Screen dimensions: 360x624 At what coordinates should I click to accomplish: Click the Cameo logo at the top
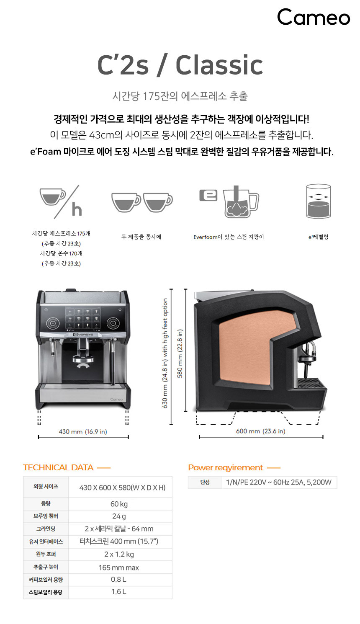point(314,17)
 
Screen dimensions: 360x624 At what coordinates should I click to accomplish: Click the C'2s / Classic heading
point(180,65)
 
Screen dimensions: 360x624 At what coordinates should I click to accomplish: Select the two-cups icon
point(142,202)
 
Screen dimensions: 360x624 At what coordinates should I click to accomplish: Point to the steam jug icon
point(229,202)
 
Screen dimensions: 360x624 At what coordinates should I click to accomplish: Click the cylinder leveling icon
point(318,201)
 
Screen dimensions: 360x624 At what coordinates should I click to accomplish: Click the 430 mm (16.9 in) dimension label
point(83,431)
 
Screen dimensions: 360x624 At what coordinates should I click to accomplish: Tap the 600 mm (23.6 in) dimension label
point(261,431)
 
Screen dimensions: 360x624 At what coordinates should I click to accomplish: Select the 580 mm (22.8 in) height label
point(180,353)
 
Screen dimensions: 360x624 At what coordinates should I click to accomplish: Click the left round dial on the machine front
point(53,323)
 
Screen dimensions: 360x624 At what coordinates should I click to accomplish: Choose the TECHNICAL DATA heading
point(58,467)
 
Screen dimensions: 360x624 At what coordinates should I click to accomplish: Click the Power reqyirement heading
point(226,467)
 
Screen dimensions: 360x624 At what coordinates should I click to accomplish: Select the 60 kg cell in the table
point(120,504)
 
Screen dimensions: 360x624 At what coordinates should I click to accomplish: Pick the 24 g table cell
point(120,516)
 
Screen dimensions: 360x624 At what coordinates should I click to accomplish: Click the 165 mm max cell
point(120,567)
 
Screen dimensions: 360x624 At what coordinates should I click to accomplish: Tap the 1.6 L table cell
point(120,591)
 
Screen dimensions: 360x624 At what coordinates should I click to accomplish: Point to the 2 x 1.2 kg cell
point(120,554)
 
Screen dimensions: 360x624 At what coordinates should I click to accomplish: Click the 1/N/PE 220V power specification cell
point(279,482)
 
